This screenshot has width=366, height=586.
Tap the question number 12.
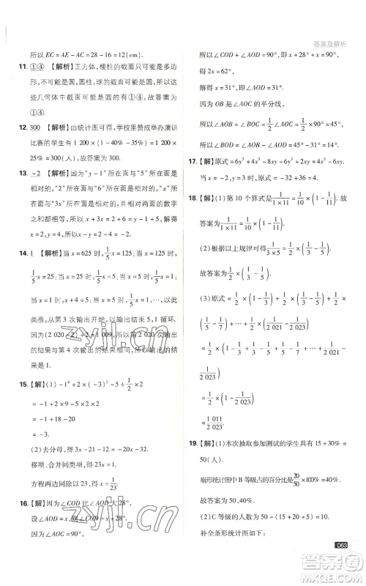(x=12, y=127)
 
